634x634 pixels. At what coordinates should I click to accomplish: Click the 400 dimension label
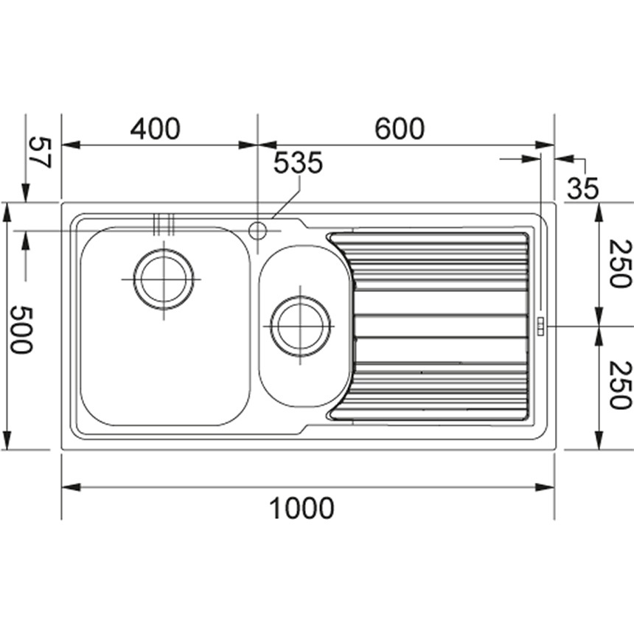pos(155,129)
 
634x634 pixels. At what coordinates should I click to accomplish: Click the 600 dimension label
pos(400,129)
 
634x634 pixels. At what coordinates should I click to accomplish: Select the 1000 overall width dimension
pos(301,508)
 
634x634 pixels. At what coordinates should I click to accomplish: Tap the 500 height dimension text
pos(20,330)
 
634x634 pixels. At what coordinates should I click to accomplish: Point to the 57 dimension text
pos(39,152)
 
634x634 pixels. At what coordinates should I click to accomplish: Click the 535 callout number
pos(298,164)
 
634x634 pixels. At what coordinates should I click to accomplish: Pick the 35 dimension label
pos(582,189)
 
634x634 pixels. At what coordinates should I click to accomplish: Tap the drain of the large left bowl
pos(164,279)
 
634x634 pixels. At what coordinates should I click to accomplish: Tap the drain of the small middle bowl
pos(300,326)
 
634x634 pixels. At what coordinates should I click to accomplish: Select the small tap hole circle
pos(257,231)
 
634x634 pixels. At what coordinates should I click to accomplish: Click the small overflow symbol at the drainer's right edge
pos(540,326)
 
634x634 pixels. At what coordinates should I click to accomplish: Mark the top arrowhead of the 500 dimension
pos(7,212)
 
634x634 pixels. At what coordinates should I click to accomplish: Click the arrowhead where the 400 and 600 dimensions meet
pos(257,145)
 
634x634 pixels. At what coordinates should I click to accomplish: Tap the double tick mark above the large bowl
pos(163,223)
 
